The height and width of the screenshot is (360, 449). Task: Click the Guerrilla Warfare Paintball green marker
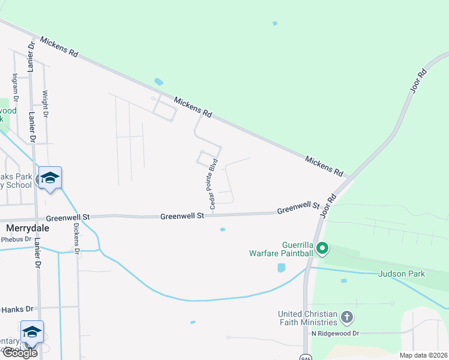tap(322, 248)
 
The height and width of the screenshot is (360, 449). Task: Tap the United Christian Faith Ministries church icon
tap(346, 317)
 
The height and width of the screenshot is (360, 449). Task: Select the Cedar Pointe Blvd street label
tap(212, 184)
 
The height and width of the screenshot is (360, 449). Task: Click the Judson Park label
tap(402, 274)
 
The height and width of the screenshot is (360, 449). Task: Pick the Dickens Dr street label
tap(76, 237)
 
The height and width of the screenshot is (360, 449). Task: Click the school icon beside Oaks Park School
tap(50, 178)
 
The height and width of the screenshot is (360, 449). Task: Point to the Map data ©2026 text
tap(424, 355)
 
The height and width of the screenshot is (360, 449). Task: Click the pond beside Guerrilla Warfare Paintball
tap(281, 268)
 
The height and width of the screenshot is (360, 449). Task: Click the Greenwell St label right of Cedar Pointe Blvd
tap(298, 208)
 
